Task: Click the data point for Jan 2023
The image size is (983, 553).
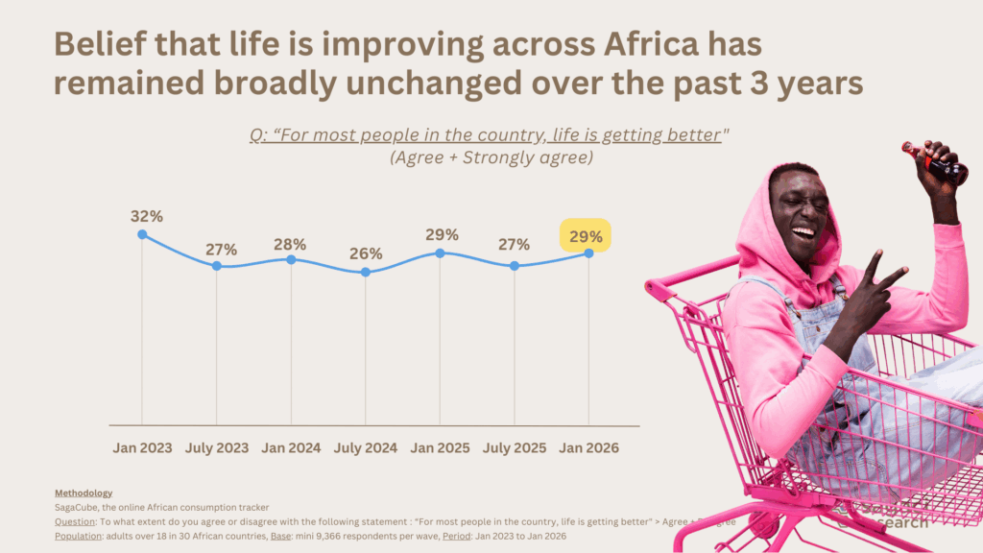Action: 142,234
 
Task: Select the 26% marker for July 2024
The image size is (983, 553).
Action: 365,273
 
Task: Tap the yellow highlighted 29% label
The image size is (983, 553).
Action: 585,235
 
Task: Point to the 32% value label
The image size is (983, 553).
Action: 147,216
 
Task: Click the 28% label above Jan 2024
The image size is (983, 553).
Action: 289,244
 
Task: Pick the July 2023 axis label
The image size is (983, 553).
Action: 216,447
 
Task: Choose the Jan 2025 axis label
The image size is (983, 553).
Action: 440,447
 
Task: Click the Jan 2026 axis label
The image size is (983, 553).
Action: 588,447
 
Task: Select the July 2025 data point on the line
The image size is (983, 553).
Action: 515,266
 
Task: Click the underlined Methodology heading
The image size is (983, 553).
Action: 84,493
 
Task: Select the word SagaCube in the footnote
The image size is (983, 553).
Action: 80,507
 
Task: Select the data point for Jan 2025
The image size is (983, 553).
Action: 440,253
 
